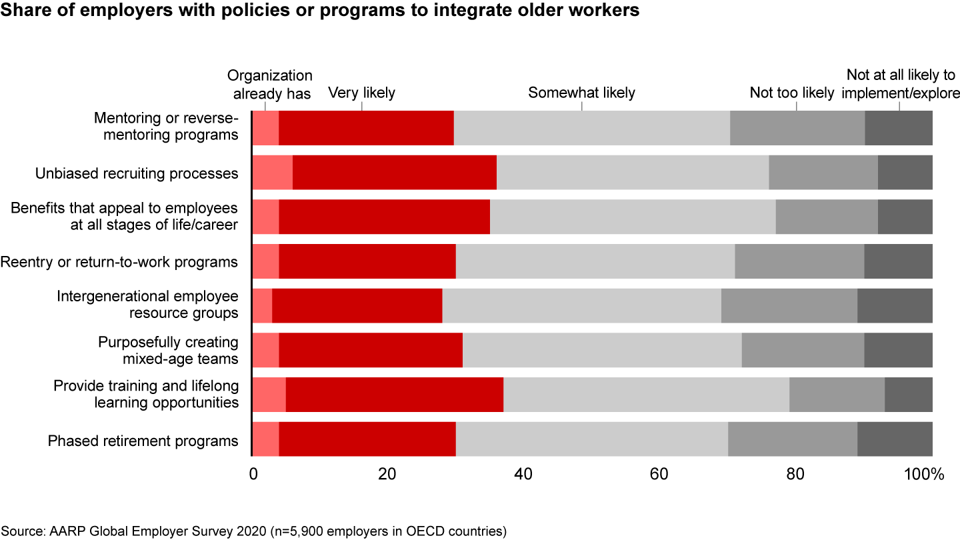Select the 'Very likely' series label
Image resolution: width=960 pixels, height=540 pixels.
pyautogui.click(x=361, y=93)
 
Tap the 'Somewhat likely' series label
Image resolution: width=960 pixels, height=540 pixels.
pyautogui.click(x=581, y=93)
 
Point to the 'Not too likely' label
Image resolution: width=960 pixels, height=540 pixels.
pyautogui.click(x=792, y=93)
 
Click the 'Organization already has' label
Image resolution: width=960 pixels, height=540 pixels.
pyautogui.click(x=270, y=85)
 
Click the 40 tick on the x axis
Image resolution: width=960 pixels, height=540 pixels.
pyautogui.click(x=523, y=475)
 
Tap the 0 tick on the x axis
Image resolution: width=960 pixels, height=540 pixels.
pyautogui.click(x=253, y=475)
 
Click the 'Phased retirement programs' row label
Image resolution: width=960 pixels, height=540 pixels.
pyautogui.click(x=143, y=441)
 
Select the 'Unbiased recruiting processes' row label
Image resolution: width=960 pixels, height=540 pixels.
pyautogui.click(x=137, y=173)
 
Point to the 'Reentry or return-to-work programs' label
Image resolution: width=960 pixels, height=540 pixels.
pyautogui.click(x=119, y=262)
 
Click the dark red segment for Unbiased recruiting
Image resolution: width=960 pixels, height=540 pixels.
pyautogui.click(x=395, y=173)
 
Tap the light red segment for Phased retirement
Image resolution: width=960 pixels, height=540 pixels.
pyautogui.click(x=265, y=439)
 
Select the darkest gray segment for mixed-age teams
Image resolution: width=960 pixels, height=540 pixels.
pyautogui.click(x=898, y=350)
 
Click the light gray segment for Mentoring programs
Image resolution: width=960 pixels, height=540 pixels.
pyautogui.click(x=592, y=128)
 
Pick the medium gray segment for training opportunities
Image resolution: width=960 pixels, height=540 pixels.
pyautogui.click(x=837, y=395)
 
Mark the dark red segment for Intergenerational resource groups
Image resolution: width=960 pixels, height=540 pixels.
pyautogui.click(x=357, y=306)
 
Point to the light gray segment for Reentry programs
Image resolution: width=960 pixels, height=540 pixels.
pyautogui.click(x=595, y=261)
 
